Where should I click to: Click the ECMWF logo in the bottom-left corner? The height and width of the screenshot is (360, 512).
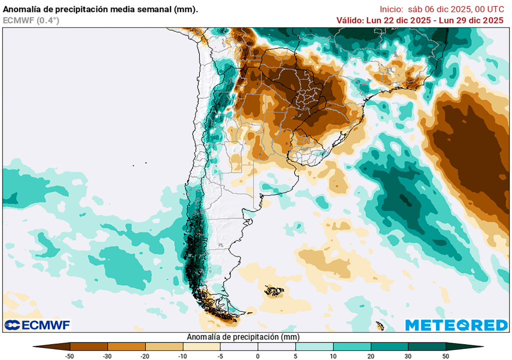click(x=37, y=325)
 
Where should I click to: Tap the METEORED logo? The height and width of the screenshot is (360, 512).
click(x=456, y=325)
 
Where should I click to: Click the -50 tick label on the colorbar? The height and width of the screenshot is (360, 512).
click(x=70, y=355)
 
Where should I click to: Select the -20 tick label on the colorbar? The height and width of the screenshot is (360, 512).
click(x=145, y=355)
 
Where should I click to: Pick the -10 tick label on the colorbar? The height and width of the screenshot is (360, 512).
click(x=183, y=355)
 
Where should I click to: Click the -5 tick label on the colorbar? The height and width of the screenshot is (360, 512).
click(x=220, y=355)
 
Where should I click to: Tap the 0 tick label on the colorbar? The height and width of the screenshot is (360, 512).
click(x=258, y=355)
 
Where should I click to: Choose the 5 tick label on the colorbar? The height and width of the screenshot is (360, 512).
click(x=295, y=355)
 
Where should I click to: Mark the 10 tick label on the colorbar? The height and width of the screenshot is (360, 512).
click(x=333, y=355)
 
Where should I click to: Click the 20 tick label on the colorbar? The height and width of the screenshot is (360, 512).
click(x=370, y=355)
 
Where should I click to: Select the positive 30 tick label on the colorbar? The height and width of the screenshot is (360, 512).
click(x=408, y=355)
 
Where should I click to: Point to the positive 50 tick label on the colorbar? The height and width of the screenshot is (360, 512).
click(x=445, y=355)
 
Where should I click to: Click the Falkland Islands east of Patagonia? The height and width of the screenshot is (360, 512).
click(x=274, y=290)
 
